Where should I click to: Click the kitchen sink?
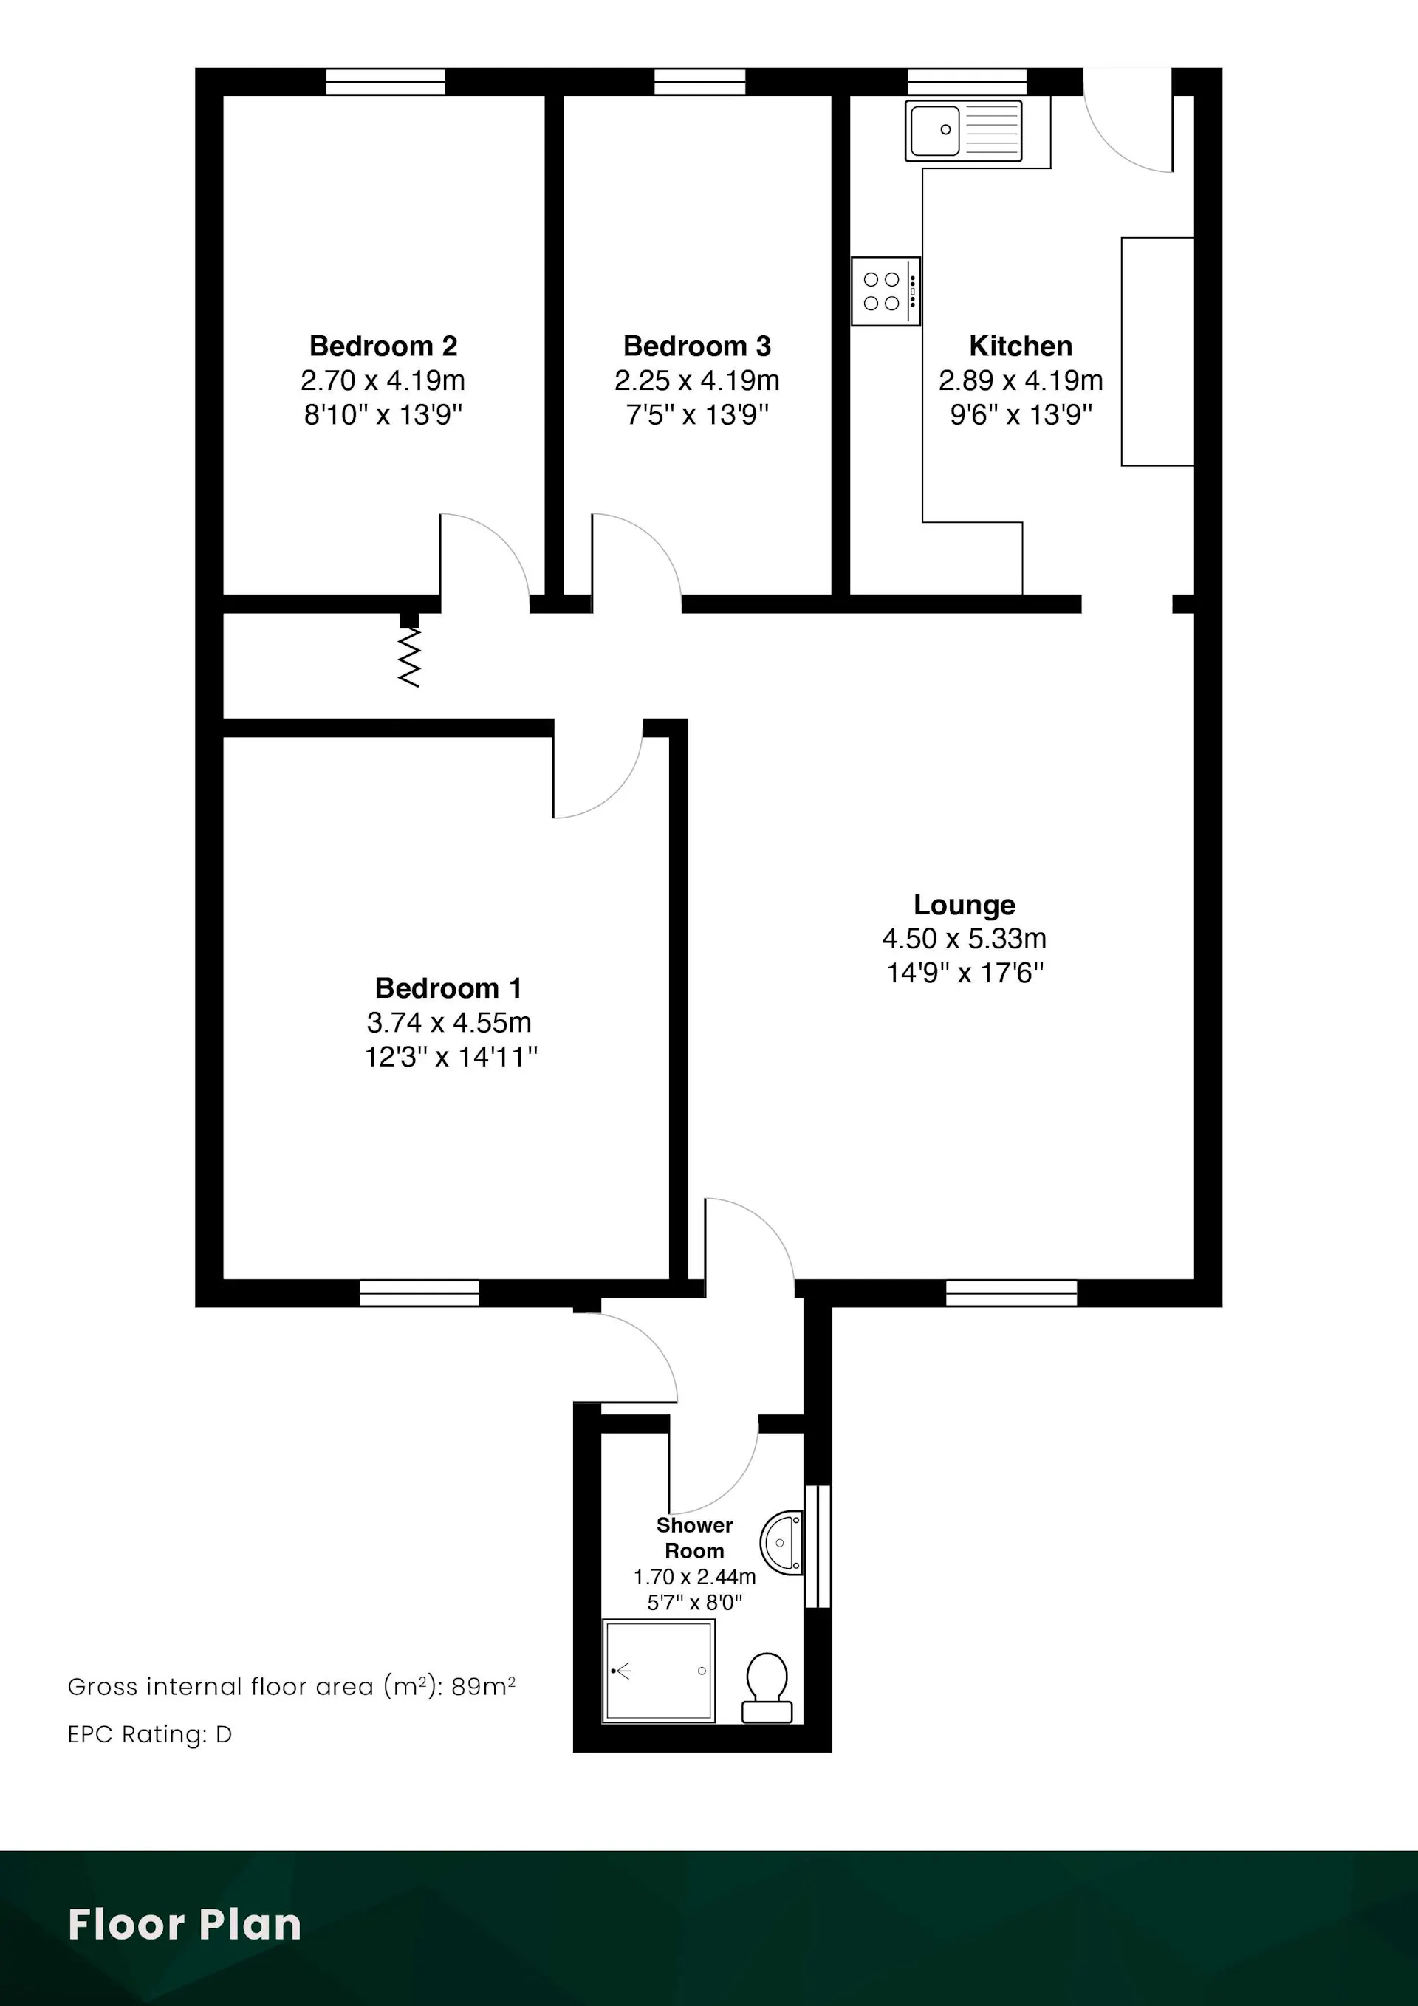964,130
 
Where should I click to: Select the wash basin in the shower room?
781,1542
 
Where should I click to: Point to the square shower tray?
659,1671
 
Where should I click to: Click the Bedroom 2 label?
383,346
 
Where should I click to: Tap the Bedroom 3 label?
697,346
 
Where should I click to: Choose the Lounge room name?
965,904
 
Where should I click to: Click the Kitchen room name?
1021,346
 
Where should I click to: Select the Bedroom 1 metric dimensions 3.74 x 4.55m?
449,1021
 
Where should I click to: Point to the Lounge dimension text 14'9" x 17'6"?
965,973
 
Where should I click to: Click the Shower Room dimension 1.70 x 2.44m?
694,1576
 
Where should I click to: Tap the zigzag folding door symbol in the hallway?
409,658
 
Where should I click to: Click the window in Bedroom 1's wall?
419,1293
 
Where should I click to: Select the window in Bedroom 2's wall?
386,81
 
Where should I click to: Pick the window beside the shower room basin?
818,1546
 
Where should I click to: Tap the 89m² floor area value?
483,1686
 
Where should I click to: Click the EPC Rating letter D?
224,1734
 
